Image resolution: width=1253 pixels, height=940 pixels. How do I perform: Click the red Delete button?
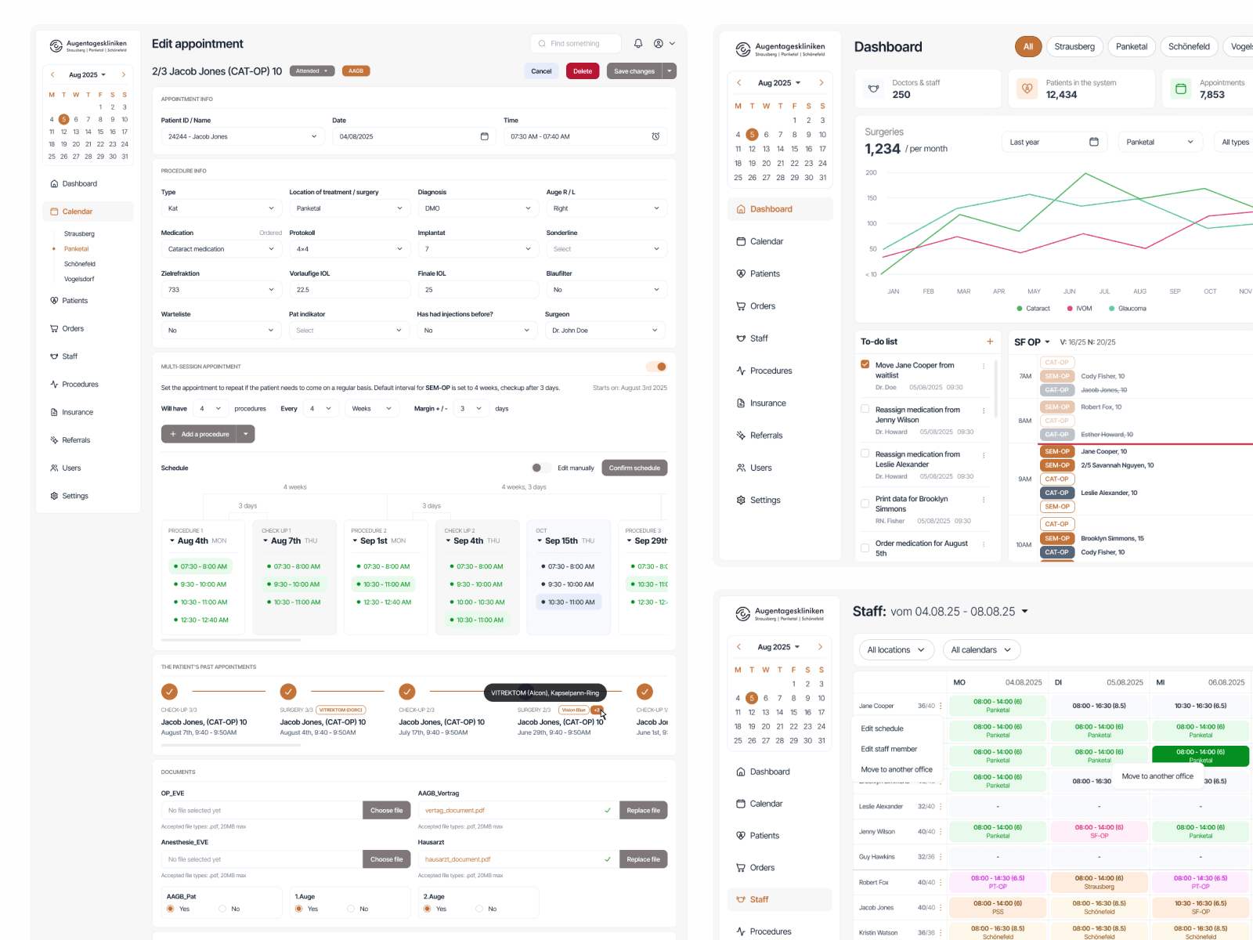tap(582, 71)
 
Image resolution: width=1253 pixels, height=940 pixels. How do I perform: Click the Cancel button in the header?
tap(541, 71)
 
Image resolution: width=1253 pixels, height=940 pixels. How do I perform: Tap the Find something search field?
tap(576, 44)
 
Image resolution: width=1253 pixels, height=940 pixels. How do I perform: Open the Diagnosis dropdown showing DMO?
tap(478, 208)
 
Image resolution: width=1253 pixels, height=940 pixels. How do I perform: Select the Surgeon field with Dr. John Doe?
tap(605, 331)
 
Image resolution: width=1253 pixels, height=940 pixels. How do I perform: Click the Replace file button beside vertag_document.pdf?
tap(643, 811)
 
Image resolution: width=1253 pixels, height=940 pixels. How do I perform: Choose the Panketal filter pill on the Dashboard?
tap(1131, 47)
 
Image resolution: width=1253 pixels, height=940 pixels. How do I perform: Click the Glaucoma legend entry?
tap(1128, 309)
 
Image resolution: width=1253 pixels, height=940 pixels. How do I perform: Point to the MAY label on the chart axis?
tap(1034, 291)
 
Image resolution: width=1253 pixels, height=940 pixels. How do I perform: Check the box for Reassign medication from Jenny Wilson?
tap(865, 409)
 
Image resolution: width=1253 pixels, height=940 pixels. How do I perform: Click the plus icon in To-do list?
tap(990, 342)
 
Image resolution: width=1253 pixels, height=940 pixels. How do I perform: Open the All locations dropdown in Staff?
tap(895, 650)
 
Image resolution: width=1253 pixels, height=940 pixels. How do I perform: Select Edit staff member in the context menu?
tap(889, 749)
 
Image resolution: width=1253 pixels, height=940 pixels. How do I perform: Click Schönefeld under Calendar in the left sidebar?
tap(80, 264)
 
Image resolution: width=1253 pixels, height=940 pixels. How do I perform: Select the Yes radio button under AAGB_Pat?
tap(171, 909)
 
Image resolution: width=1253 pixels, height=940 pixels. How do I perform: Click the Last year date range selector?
tap(1053, 142)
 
